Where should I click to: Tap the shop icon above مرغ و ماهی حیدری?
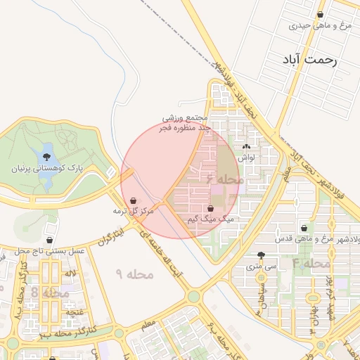click(x=321, y=14)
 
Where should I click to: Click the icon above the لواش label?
click(x=245, y=147)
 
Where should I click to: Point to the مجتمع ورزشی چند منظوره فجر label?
click(x=186, y=123)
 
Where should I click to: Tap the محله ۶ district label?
click(x=225, y=179)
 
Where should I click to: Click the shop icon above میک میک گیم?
click(x=211, y=208)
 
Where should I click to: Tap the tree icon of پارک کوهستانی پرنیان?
click(x=47, y=157)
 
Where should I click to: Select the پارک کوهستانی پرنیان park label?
click(x=47, y=169)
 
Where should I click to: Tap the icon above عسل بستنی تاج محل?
click(x=49, y=229)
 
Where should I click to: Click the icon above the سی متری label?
click(x=262, y=256)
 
